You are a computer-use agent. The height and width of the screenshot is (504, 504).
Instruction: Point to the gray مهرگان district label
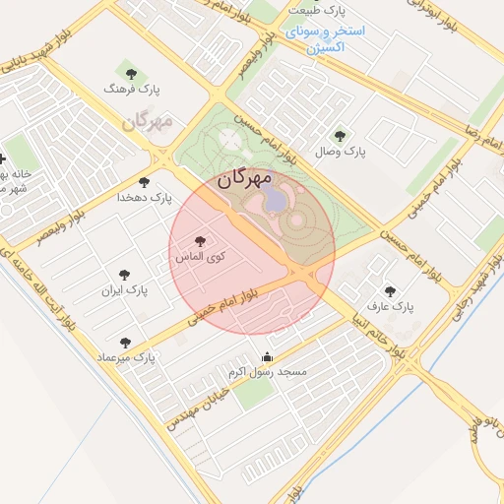148,123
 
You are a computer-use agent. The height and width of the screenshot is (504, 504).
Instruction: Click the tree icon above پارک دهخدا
145,182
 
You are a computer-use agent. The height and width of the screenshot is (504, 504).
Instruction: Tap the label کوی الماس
201,256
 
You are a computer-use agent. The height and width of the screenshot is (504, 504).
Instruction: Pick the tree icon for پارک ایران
124,276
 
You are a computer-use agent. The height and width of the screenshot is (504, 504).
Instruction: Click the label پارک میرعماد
126,356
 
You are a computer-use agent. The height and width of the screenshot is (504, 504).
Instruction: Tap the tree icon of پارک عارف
391,291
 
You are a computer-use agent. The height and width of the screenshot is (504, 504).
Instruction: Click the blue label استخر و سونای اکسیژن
325,38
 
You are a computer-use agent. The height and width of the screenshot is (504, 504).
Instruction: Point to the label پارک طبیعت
319,11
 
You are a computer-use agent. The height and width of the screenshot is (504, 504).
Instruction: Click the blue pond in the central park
277,200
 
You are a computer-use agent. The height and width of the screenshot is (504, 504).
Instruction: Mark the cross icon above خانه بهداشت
3,158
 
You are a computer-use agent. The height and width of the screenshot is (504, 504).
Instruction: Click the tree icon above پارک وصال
340,136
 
